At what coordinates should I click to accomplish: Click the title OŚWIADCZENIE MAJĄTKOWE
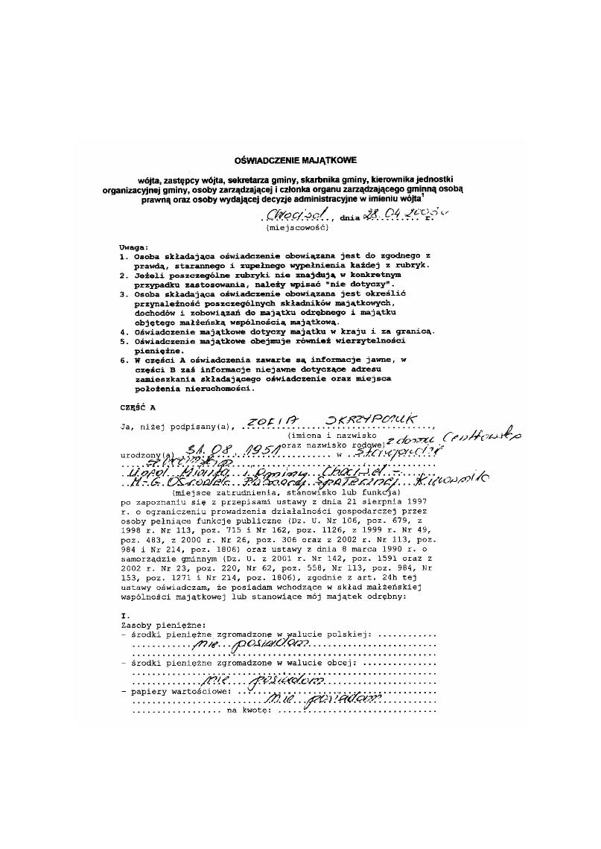tap(296, 159)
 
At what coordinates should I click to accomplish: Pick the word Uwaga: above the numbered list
tap(134, 247)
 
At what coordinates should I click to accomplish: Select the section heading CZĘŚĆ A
tap(138, 408)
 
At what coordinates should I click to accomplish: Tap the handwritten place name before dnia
tap(296, 214)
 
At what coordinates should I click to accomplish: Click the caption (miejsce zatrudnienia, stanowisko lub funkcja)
tap(287, 494)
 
